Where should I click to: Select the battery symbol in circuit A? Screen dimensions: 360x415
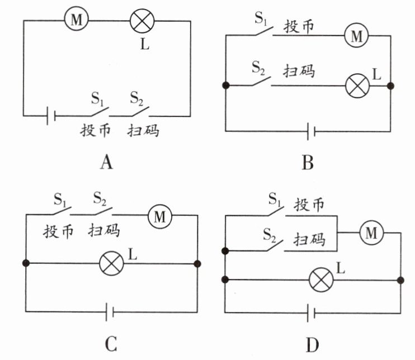50,117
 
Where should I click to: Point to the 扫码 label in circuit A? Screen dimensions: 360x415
143,132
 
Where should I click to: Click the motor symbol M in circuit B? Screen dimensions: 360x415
354,35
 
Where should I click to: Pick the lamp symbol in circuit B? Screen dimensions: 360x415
355,86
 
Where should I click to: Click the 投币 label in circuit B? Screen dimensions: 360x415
299,26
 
